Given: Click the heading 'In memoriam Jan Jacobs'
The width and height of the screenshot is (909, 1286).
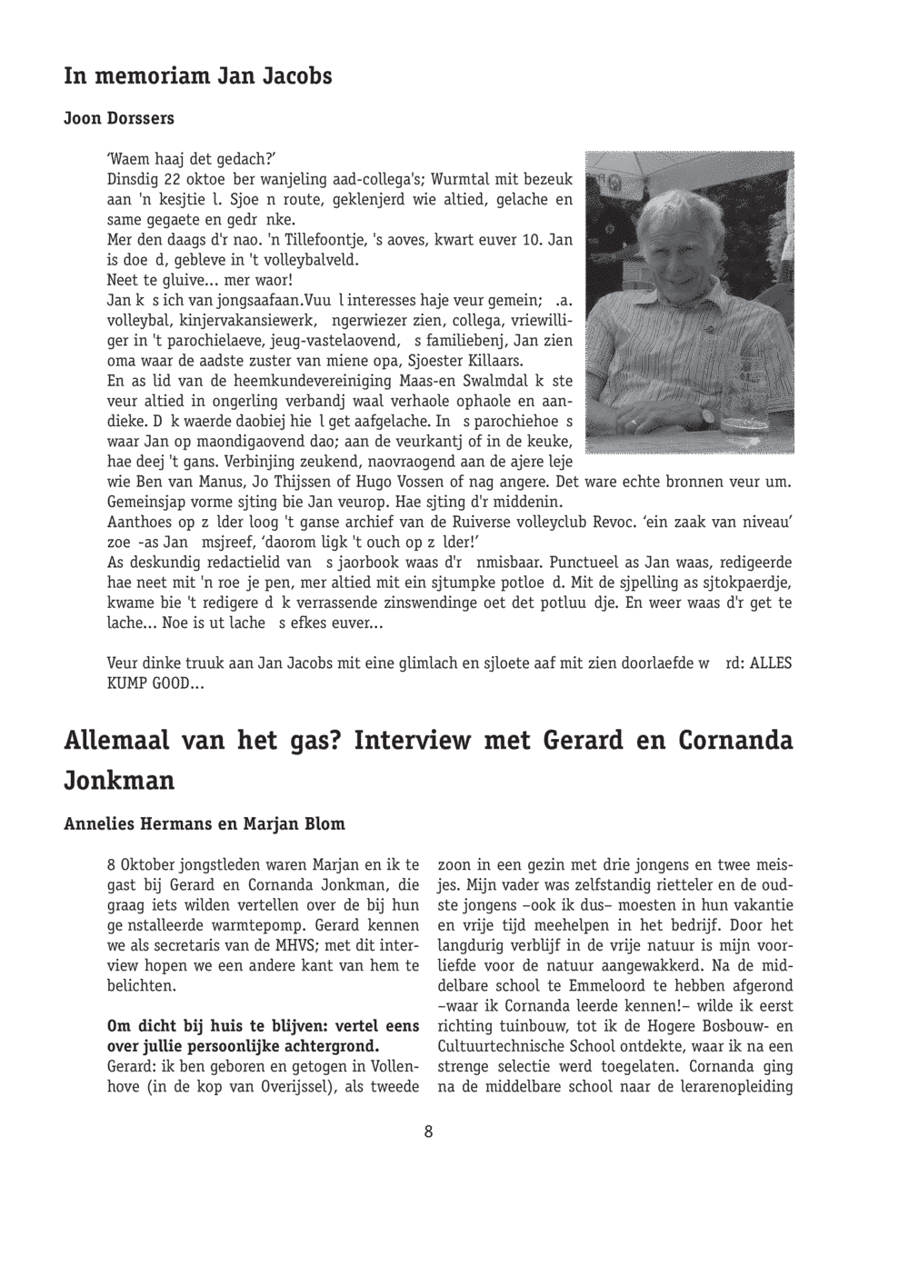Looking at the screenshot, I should coord(198,76).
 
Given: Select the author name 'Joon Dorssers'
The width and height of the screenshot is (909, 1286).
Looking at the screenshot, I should coord(119,119).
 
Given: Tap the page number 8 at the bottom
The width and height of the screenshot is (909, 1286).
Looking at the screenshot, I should coord(428,1131).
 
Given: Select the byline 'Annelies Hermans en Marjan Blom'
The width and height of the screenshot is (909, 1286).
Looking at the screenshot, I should coord(205,824).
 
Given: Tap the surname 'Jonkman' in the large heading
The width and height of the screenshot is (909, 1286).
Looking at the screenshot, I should coord(119,781).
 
